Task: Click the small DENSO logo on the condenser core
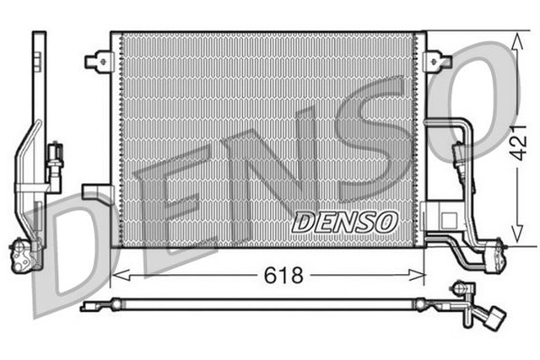pos(344,222)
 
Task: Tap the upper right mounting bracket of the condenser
pos(436,61)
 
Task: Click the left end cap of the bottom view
pos(87,307)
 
